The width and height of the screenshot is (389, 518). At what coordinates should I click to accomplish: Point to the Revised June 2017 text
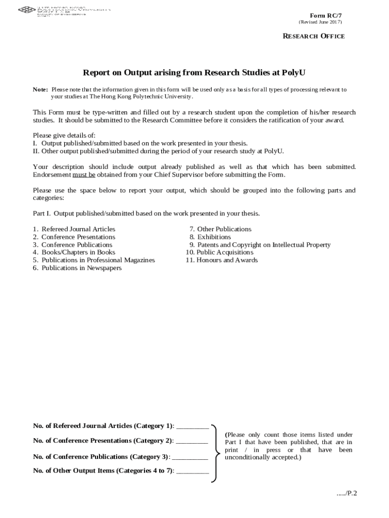(x=320, y=22)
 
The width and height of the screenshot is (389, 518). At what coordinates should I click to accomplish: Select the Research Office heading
(x=313, y=36)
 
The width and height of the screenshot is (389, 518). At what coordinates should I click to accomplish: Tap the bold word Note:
(x=40, y=90)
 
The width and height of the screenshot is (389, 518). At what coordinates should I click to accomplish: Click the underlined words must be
(x=84, y=175)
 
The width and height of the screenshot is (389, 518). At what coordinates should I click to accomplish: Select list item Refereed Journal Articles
(x=78, y=229)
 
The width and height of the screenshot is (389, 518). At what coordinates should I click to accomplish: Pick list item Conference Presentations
(x=78, y=237)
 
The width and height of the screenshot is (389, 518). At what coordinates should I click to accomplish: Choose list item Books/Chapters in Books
(x=78, y=252)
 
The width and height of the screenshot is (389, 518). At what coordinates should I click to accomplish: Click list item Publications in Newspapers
(x=81, y=268)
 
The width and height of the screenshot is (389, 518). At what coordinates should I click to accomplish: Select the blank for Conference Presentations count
(x=192, y=441)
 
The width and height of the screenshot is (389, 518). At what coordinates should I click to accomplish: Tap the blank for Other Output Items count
(x=192, y=471)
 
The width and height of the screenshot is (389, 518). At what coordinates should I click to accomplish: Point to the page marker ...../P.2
(x=347, y=494)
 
